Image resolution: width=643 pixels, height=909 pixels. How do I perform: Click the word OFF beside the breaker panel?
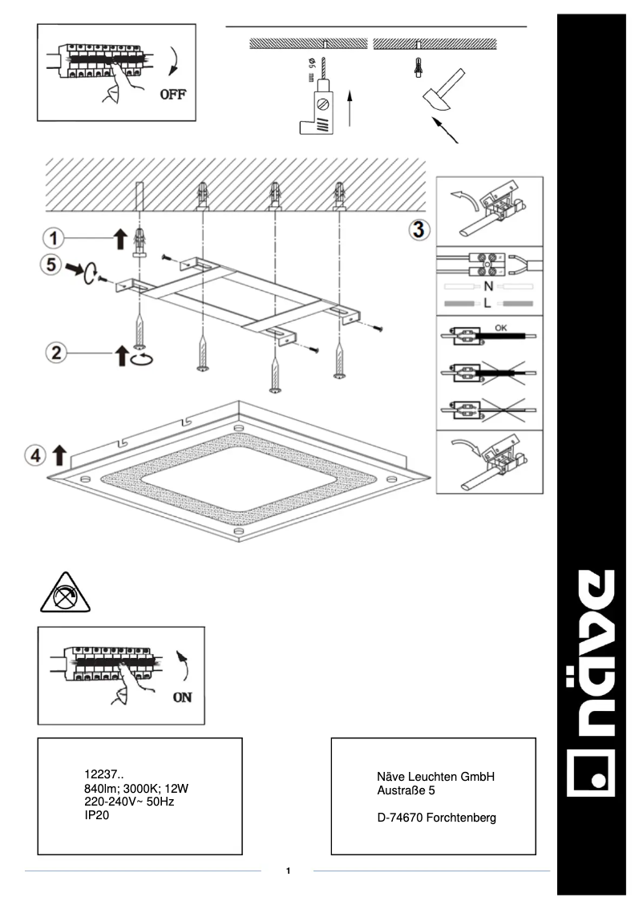(172, 94)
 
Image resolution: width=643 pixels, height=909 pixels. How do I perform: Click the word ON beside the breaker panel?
(183, 697)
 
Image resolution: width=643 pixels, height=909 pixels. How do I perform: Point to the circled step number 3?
(419, 229)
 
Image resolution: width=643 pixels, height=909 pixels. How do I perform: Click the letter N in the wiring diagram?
(487, 285)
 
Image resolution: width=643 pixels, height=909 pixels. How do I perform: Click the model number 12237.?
(103, 774)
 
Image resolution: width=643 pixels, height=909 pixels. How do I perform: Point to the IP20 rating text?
(96, 814)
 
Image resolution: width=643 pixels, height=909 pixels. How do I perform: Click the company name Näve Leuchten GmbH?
(436, 778)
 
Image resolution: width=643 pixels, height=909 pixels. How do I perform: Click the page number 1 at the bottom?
(288, 871)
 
